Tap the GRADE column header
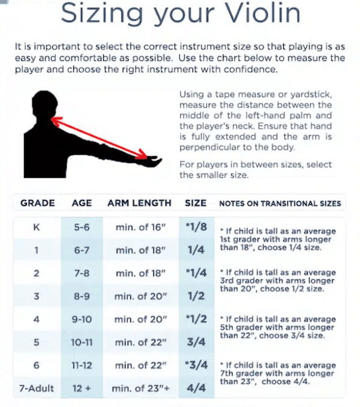(37, 203)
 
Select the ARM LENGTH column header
(139, 203)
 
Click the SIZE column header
(196, 203)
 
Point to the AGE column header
(82, 203)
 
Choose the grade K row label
(37, 228)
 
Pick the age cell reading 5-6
(82, 228)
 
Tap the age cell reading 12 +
(82, 388)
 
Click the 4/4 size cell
(196, 388)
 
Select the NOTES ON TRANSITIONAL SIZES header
(280, 203)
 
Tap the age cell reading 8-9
(82, 297)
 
